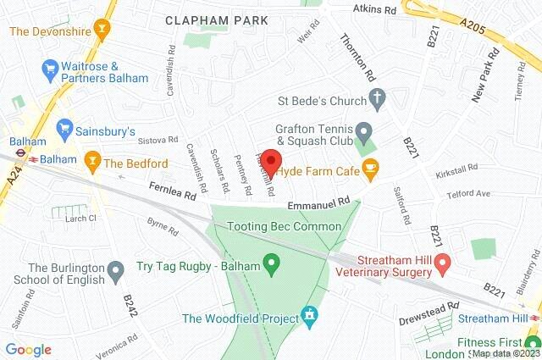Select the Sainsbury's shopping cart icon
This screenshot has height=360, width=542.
pos(64,129)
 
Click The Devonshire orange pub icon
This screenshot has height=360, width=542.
pos(102,31)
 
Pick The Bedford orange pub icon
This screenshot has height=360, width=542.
pos(91,159)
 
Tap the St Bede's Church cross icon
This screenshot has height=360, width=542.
pos(377,99)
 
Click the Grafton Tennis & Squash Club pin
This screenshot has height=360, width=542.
pos(364,132)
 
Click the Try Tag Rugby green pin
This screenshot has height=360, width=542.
pos(271,266)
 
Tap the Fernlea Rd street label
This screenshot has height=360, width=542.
pos(173,195)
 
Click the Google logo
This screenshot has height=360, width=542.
pos(28,350)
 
